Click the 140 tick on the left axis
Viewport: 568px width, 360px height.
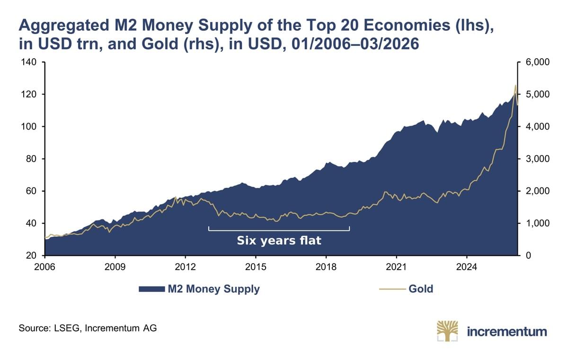tap(29, 62)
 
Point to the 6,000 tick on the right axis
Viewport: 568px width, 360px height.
tap(538, 62)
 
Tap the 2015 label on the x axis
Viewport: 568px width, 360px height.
tap(256, 267)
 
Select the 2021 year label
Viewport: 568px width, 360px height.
tap(396, 267)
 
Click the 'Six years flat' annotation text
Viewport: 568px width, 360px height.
tap(279, 240)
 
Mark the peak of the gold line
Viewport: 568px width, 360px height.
tap(515, 85)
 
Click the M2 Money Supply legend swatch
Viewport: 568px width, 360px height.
tap(151, 289)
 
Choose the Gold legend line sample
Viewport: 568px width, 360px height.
tap(392, 289)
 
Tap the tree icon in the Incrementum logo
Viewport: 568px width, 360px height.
tap(448, 331)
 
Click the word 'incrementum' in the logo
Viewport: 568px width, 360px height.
tap(507, 332)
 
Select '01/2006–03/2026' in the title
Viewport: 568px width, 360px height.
tap(355, 44)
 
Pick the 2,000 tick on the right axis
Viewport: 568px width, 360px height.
tap(538, 191)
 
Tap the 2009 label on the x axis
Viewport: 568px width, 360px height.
tap(115, 267)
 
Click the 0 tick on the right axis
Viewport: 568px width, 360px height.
tap(528, 255)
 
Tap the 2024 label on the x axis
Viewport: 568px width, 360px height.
tap(467, 267)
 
